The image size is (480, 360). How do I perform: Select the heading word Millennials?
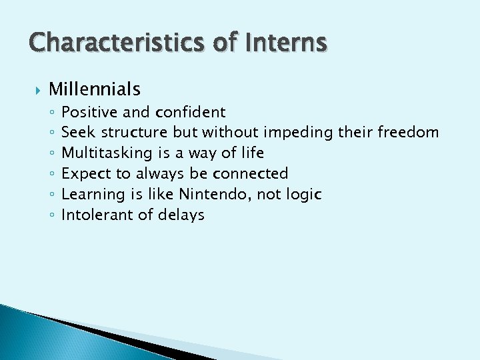tap(94, 89)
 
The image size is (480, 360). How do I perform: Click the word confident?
tap(190, 112)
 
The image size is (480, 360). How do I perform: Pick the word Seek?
tap(79, 133)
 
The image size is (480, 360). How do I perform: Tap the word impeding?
tap(299, 133)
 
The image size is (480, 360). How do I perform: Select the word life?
tap(251, 153)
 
